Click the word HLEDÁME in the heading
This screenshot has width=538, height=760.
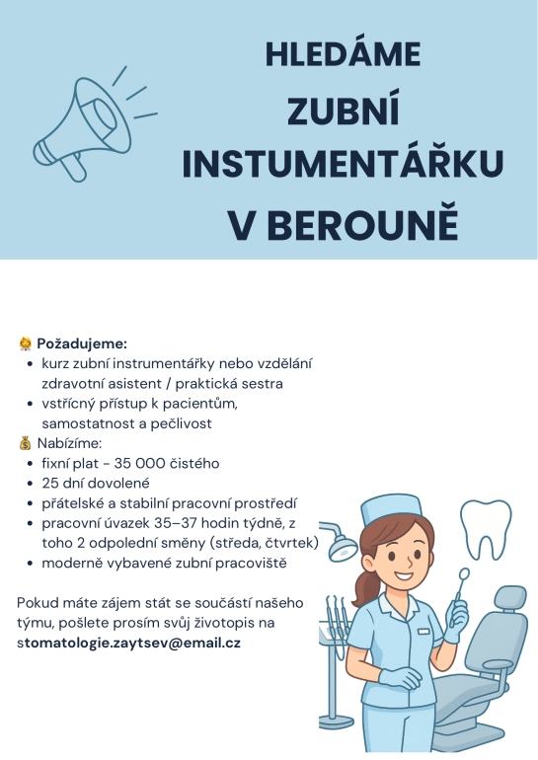(343, 54)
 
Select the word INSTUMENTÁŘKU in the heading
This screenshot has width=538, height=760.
(343, 165)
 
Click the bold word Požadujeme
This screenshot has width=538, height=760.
(82, 343)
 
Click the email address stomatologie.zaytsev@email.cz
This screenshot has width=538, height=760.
(128, 643)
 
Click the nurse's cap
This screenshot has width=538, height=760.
(391, 509)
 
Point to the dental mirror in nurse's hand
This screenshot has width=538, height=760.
(464, 574)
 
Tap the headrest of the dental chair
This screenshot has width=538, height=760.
(508, 597)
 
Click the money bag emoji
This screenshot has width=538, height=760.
(25, 443)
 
